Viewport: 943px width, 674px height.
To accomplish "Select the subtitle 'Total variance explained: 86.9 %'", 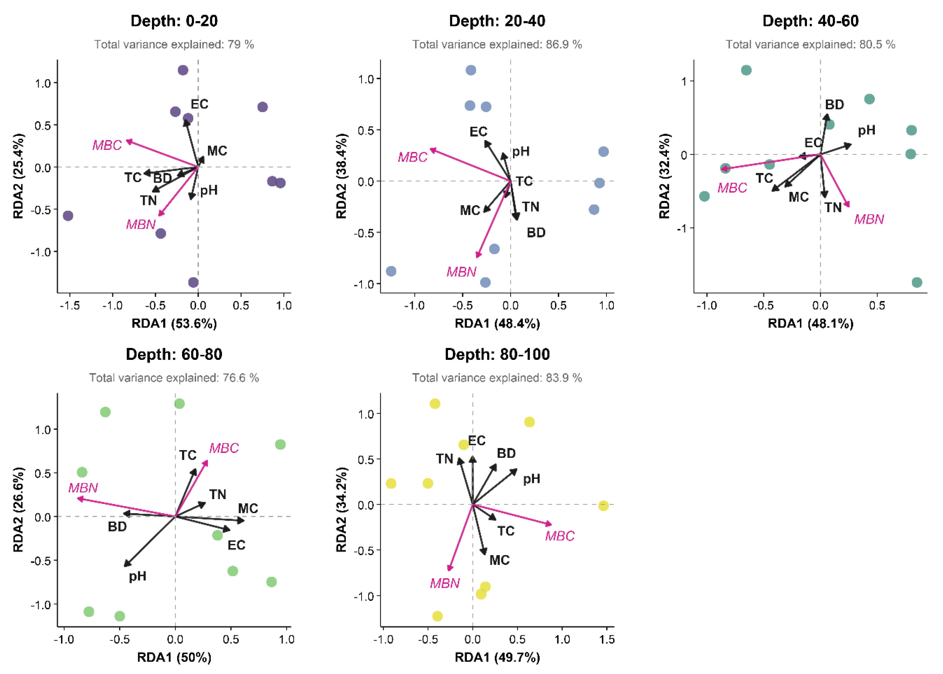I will click(497, 44).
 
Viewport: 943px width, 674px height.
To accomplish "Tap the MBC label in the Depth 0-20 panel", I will click(107, 145).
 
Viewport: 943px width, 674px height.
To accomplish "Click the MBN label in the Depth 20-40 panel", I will click(461, 272).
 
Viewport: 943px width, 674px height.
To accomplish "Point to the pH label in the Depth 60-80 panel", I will click(137, 576).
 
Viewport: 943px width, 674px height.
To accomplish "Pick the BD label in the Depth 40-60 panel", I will click(834, 104).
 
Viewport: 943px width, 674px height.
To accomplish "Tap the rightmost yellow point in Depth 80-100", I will click(603, 506).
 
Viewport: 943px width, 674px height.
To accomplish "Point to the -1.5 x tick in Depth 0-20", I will click(70, 306).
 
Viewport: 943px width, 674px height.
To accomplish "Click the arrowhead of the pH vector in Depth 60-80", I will click(125, 565).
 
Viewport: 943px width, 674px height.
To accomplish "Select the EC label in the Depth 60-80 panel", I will click(236, 545).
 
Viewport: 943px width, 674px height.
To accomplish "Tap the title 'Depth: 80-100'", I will click(497, 354).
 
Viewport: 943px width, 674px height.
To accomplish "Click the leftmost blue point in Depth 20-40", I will click(391, 271).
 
